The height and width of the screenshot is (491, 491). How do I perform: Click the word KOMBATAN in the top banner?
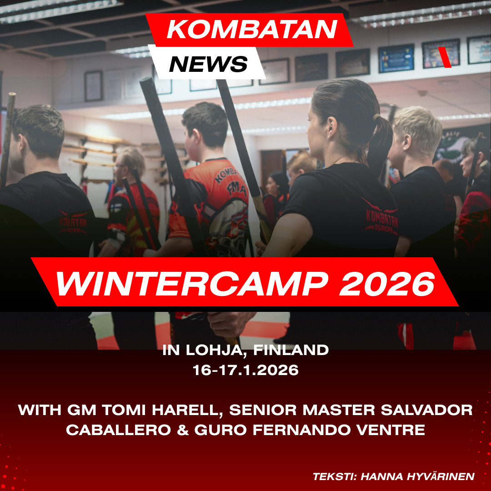point(252,30)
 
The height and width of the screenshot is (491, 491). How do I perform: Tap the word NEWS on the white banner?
point(208,64)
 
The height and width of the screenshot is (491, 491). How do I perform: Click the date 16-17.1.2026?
point(245,370)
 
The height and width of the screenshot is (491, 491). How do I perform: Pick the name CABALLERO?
point(118,430)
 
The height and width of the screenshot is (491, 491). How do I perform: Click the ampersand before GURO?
point(183,430)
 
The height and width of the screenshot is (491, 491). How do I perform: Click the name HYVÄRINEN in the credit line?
point(440,476)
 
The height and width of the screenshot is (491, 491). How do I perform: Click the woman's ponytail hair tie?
point(377,118)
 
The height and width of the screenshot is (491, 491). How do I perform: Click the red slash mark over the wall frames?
point(444,57)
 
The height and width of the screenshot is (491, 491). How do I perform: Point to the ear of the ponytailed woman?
point(332,127)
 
